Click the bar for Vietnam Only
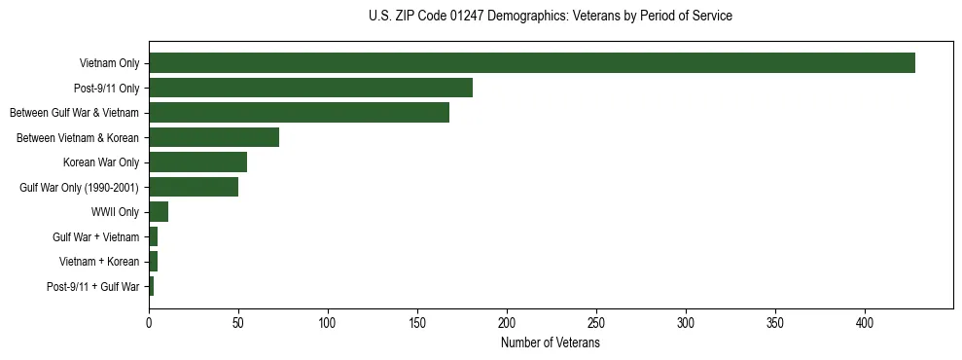532,63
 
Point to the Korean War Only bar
197,162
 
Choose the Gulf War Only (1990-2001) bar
194,187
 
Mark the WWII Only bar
159,212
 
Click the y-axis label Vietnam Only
109,63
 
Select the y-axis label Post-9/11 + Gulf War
93,287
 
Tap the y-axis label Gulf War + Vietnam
96,237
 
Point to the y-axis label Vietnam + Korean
99,262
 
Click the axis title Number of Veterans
551,342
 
